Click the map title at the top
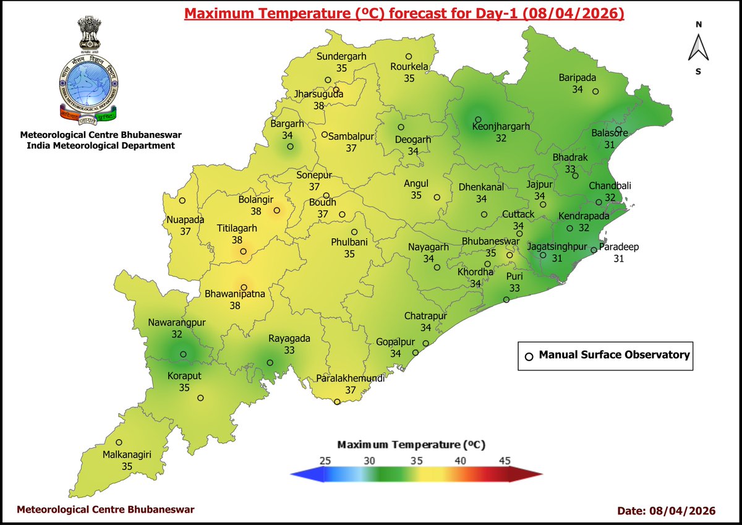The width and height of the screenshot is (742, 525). click(x=404, y=14)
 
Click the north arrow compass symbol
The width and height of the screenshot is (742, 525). click(x=698, y=48)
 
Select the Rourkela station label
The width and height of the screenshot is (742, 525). click(x=409, y=67)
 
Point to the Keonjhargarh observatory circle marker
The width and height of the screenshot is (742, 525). click(x=478, y=119)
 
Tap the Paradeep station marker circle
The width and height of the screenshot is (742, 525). click(x=594, y=250)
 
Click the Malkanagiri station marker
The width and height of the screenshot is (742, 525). click(x=119, y=442)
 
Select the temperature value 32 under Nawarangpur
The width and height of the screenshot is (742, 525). click(x=177, y=334)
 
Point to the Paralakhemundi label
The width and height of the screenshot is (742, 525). click(x=350, y=378)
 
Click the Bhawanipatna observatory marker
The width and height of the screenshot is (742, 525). click(x=244, y=288)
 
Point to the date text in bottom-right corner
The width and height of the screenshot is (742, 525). click(x=666, y=510)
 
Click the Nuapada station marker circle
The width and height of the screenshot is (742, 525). click(x=182, y=200)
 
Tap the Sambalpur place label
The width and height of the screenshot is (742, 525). click(x=351, y=137)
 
